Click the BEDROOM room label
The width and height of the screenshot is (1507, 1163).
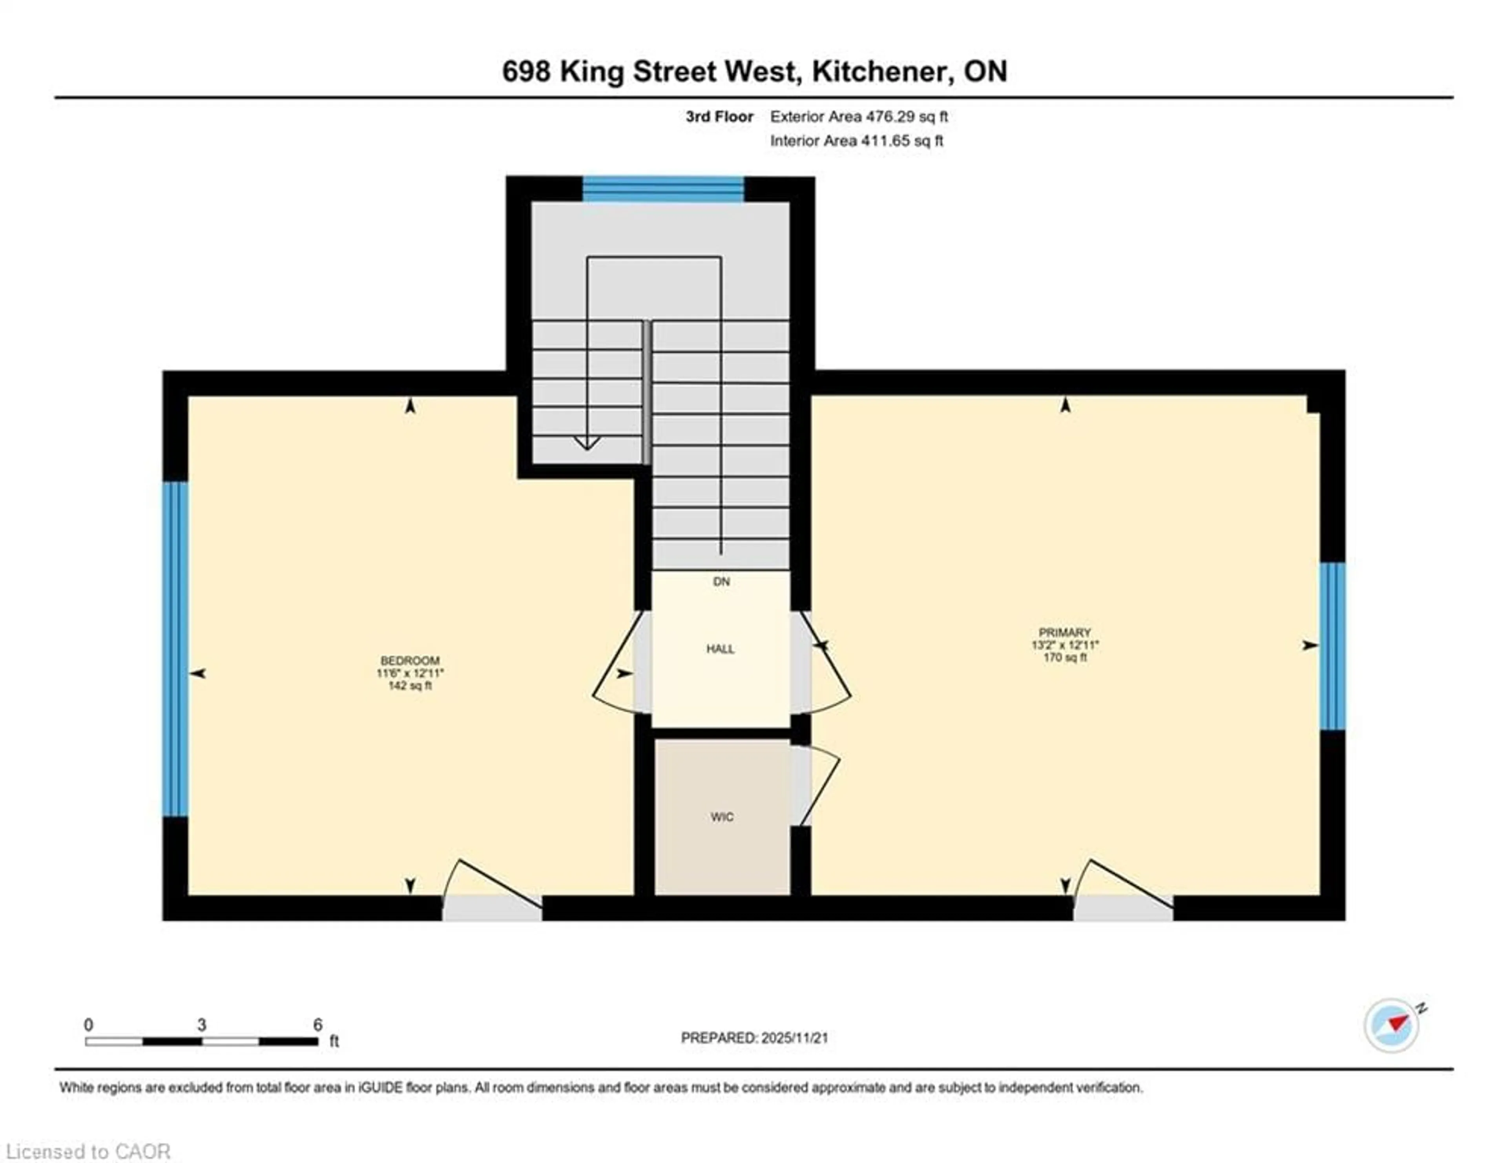pos(410,660)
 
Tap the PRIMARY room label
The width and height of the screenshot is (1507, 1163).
pos(1065,632)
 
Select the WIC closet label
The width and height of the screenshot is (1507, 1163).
pos(722,817)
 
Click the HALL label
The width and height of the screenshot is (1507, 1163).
pos(721,649)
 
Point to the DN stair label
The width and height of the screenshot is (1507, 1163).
pos(721,581)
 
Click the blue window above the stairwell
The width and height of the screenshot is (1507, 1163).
pos(663,189)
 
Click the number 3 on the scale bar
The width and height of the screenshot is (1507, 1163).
pos(201,1025)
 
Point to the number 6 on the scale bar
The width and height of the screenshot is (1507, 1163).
pos(317,1025)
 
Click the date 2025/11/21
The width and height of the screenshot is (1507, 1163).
pos(794,1037)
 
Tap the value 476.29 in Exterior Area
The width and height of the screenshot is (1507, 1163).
pos(889,117)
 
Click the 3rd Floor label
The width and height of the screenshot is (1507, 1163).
pos(719,117)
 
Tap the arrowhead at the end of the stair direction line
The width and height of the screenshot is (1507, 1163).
pos(587,443)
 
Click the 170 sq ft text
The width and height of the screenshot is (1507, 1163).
pos(1065,657)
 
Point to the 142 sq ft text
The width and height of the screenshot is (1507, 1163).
pos(410,685)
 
